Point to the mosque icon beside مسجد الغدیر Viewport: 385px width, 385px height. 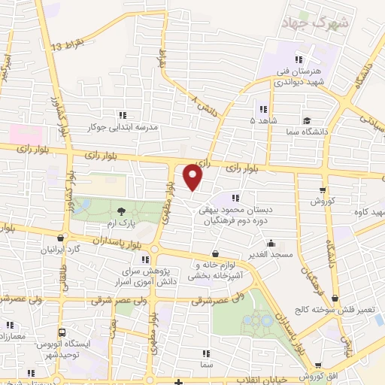271,243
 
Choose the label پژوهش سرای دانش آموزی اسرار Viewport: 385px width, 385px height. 150,275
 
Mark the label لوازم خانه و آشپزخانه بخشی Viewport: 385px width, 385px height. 217,270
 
